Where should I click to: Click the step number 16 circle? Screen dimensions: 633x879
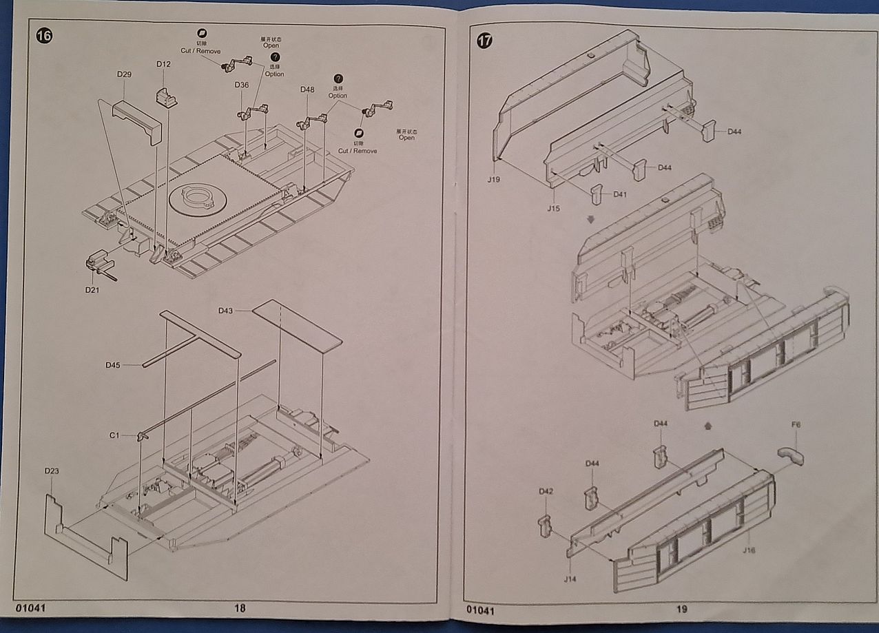(44, 37)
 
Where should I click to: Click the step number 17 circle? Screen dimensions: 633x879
(484, 41)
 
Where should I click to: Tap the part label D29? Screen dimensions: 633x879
(124, 74)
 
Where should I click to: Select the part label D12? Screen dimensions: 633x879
(163, 64)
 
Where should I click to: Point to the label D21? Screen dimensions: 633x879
(92, 290)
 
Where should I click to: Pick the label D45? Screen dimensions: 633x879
(114, 364)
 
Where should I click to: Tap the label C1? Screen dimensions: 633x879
(114, 435)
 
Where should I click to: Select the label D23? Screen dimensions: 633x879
(52, 471)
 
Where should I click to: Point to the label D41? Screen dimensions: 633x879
(620, 195)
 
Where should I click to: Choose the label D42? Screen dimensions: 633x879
(546, 492)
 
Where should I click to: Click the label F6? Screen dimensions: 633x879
(796, 426)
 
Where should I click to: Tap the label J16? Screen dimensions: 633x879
(749, 550)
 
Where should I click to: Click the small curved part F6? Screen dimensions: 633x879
(792, 455)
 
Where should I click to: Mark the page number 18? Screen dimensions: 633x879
(240, 608)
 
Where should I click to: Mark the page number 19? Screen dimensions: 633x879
(682, 609)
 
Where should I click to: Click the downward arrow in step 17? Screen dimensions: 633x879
(590, 219)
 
